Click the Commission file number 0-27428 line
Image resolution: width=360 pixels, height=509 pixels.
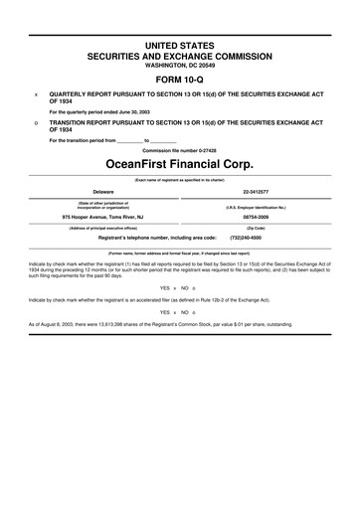click(180, 148)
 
